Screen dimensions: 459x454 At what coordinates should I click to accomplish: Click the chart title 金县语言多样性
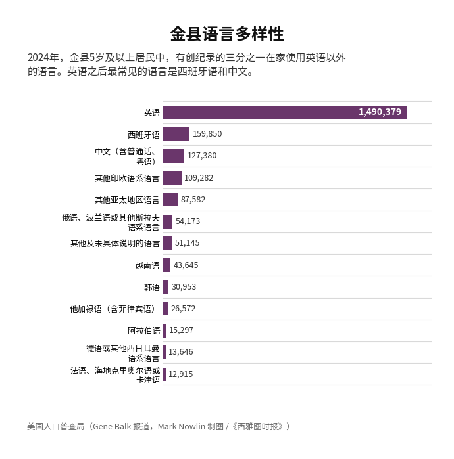click(x=226, y=34)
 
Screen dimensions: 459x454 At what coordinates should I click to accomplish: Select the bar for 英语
click(x=284, y=112)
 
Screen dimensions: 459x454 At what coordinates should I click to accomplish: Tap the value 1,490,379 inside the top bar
click(x=380, y=112)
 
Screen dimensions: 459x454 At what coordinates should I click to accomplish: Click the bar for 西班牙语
click(x=176, y=134)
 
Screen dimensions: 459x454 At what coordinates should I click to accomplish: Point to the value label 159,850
click(x=207, y=134)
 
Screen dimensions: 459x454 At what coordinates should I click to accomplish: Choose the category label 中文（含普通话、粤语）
click(x=126, y=156)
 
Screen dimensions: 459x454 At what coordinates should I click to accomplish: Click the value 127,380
click(x=202, y=156)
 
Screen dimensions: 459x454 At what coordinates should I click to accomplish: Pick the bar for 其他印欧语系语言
click(x=172, y=178)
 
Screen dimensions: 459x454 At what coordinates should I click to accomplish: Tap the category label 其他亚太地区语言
click(x=127, y=200)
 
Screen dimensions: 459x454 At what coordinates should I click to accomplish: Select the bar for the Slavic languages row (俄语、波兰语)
click(x=168, y=221)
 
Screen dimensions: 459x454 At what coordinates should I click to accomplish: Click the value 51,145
click(x=187, y=243)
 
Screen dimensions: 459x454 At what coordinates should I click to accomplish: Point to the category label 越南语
click(x=147, y=265)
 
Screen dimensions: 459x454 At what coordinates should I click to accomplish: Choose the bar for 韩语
click(x=166, y=287)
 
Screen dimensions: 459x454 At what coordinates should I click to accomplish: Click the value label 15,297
click(x=181, y=330)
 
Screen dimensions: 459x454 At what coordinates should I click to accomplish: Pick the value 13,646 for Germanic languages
click(x=181, y=352)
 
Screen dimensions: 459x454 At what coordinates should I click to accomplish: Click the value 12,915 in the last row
click(x=181, y=374)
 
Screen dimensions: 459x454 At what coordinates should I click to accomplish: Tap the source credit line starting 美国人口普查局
click(x=159, y=427)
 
